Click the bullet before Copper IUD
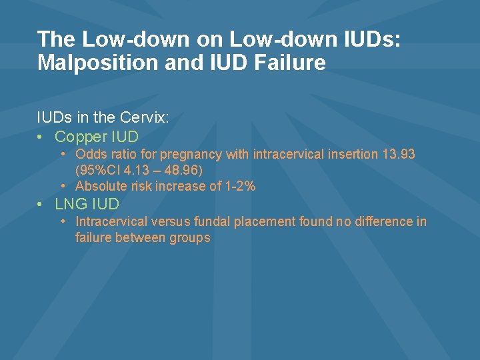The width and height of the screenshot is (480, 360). click(x=41, y=137)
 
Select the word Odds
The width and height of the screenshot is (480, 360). click(x=89, y=155)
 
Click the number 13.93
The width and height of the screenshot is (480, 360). click(x=399, y=155)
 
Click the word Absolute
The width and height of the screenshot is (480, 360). click(x=101, y=186)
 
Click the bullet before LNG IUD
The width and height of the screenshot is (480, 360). click(x=41, y=204)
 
